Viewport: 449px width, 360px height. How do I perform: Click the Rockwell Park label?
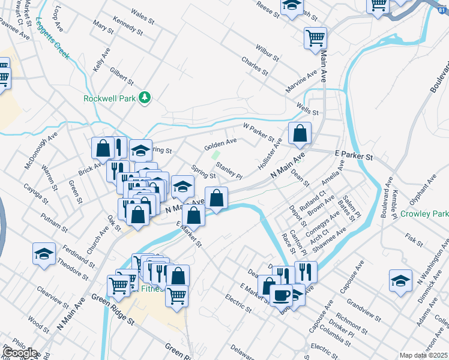[x=109, y=98]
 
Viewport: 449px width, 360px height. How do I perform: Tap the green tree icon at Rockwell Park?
[x=144, y=97]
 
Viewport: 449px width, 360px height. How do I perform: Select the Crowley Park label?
[x=424, y=214]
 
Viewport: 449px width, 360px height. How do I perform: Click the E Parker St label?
[x=354, y=156]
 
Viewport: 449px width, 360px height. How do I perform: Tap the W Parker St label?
[x=258, y=131]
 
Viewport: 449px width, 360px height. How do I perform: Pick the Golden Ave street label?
[x=220, y=145]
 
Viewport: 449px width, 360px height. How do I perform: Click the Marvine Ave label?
[x=301, y=82]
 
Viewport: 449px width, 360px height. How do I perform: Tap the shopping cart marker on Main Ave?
[x=315, y=38]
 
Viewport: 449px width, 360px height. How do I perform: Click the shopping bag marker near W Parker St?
[x=300, y=134]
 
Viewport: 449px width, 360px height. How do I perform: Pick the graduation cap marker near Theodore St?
[x=44, y=254]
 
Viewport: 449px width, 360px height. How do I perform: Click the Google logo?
[x=19, y=353]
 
